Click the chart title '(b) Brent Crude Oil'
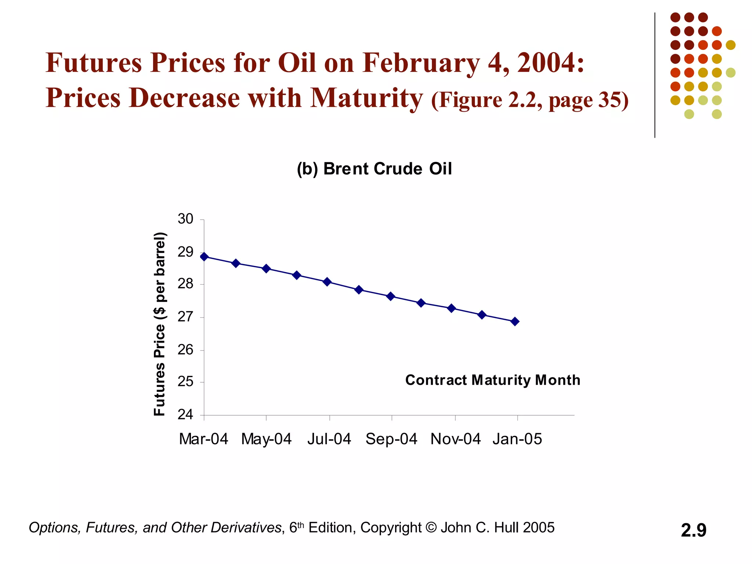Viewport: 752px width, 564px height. (x=374, y=169)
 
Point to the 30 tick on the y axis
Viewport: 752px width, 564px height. (x=185, y=219)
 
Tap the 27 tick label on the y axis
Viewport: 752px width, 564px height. (x=185, y=317)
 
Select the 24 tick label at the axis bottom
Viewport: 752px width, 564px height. (x=185, y=415)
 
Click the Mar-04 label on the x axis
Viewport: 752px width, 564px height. (x=203, y=439)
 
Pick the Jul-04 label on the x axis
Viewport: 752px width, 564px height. (x=329, y=439)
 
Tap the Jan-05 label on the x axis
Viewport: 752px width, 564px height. (x=517, y=439)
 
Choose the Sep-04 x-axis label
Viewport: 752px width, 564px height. (x=391, y=439)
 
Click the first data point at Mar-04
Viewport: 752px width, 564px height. (x=204, y=257)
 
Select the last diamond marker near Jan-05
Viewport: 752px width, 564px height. (x=515, y=322)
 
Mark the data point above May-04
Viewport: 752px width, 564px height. (x=266, y=269)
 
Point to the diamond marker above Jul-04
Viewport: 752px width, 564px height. (x=327, y=282)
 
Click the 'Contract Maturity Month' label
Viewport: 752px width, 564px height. (x=492, y=380)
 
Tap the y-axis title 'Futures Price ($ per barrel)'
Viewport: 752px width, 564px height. (x=160, y=324)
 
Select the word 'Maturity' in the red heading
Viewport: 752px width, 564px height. (x=367, y=98)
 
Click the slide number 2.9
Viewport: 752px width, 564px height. (x=693, y=530)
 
